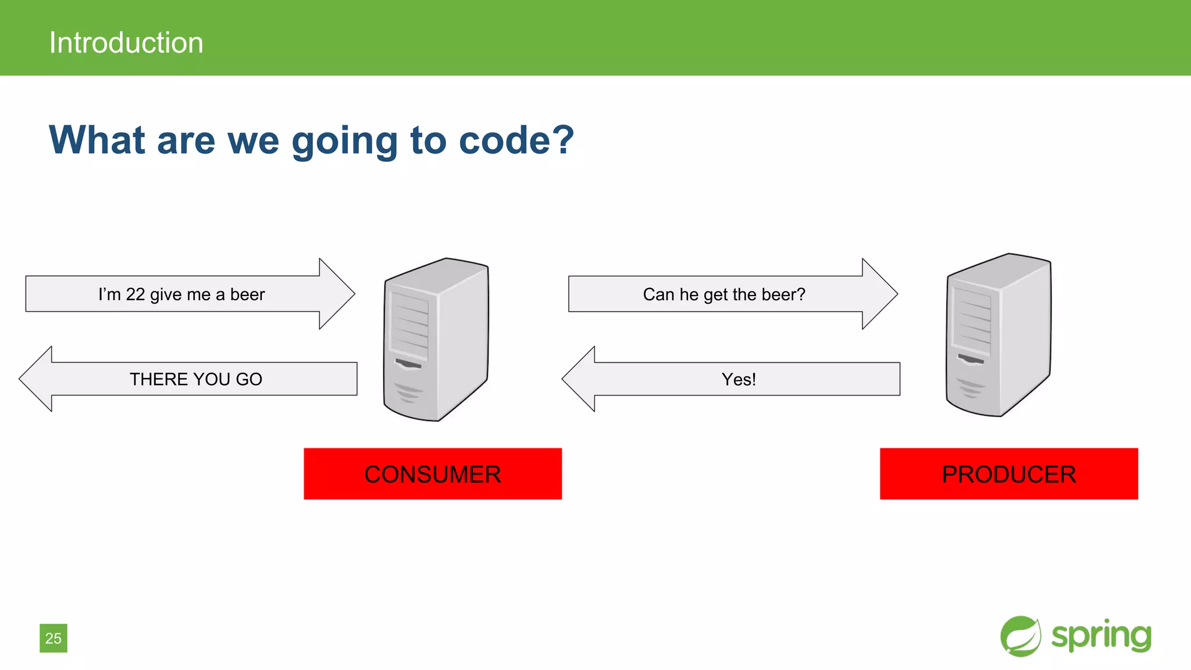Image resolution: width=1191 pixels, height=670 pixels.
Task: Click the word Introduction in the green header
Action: [126, 43]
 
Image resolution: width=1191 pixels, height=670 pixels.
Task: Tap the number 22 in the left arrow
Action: [135, 294]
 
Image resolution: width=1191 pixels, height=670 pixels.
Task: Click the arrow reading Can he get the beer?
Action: [724, 294]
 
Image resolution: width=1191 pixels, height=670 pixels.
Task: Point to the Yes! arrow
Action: [739, 379]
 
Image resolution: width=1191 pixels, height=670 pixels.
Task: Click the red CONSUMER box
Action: [432, 473]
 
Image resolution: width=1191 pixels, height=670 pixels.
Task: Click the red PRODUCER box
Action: [1008, 473]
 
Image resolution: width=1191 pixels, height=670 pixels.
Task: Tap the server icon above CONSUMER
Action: [436, 340]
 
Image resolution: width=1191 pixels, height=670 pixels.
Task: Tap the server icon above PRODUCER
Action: [999, 335]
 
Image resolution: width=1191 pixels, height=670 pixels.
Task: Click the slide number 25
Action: [54, 638]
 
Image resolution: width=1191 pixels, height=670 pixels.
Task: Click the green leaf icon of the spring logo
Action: [1020, 636]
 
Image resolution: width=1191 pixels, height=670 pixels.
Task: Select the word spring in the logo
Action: [1101, 636]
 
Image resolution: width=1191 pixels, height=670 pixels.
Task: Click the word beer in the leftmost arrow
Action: [247, 294]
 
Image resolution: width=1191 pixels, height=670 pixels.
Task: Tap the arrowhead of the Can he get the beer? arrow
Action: [879, 294]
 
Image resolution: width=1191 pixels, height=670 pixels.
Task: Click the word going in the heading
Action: [344, 141]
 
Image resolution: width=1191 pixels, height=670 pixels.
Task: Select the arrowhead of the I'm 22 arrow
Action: [336, 294]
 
